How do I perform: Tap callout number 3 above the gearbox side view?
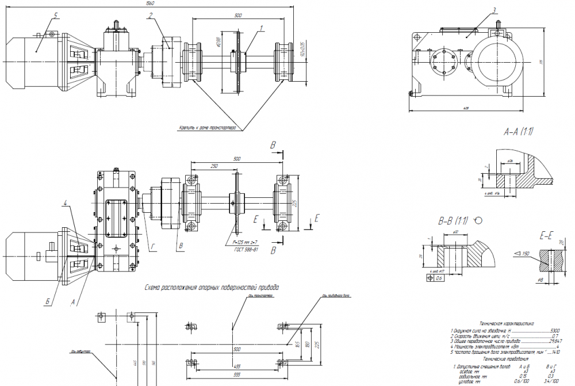[x=494, y=10]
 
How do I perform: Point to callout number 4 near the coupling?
[x=67, y=202]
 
